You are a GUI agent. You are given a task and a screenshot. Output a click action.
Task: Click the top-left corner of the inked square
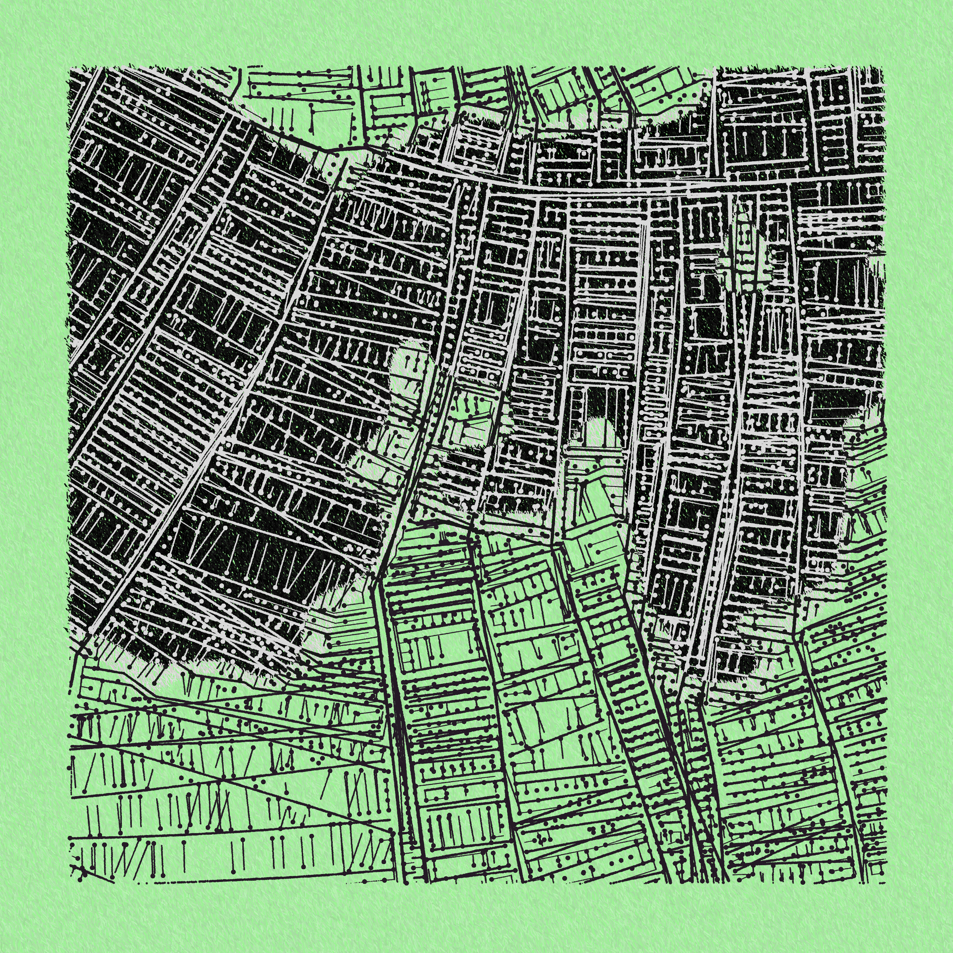[69, 68]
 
